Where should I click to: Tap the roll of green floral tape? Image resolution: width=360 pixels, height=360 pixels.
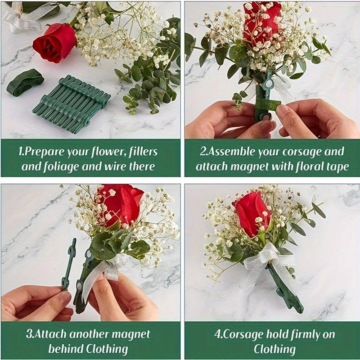(x=25, y=82)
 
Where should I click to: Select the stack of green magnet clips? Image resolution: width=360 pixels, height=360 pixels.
(x=72, y=104)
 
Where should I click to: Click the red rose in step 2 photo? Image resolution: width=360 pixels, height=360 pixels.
(x=262, y=22)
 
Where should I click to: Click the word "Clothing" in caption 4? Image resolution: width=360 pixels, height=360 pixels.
(x=274, y=349)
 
